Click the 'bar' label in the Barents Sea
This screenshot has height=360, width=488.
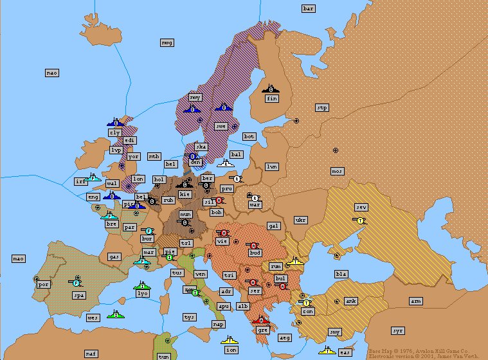(309, 8)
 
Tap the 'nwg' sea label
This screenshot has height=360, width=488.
(167, 42)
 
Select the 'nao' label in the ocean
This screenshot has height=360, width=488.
(52, 73)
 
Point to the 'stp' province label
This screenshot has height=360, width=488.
(322, 108)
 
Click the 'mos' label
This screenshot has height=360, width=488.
(338, 171)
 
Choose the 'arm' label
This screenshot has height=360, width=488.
(416, 301)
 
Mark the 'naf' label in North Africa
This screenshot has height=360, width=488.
(91, 354)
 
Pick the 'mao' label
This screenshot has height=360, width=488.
(19, 258)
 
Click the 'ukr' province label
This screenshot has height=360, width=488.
(300, 220)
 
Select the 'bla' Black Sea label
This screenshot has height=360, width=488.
(341, 274)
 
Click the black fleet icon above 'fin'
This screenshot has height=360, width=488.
(270, 89)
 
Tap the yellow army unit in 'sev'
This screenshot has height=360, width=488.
(360, 220)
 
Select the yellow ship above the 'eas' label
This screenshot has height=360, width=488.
(327, 350)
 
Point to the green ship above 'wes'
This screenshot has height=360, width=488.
(116, 314)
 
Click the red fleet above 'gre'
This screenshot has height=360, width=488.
(260, 319)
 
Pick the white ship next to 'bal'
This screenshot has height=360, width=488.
(225, 163)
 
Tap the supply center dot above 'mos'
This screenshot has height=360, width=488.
(335, 150)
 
